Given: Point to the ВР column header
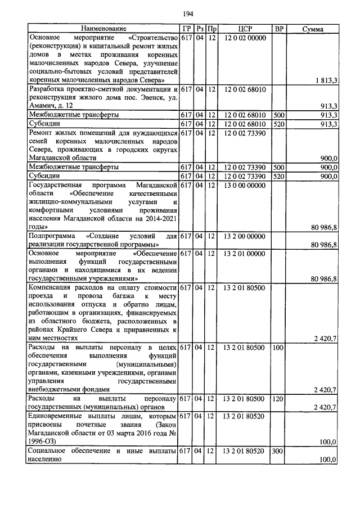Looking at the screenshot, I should [278, 28].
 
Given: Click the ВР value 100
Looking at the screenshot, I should [277, 348].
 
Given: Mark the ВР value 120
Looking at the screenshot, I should [277, 398].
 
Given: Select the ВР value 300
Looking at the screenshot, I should [277, 451].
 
